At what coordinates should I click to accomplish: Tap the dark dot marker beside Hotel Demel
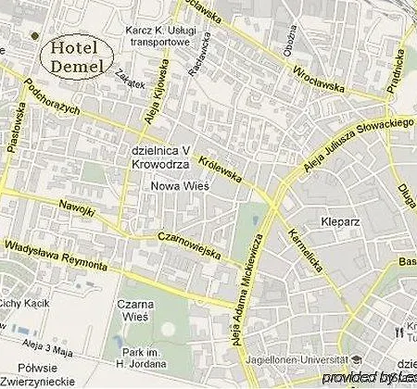(34, 36)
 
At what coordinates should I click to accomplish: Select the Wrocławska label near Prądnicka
(318, 77)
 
